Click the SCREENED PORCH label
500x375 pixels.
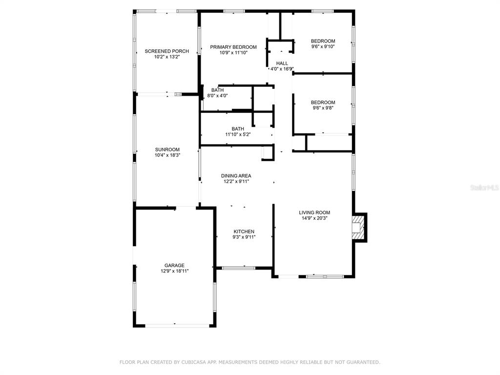coord(167,51)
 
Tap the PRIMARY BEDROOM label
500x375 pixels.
coord(233,47)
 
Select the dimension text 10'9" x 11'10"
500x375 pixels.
coord(233,53)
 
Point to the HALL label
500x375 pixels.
coord(282,63)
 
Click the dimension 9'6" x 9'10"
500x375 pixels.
coord(323,46)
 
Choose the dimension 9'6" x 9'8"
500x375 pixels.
coord(323,108)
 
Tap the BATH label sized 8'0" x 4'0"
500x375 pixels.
coord(217,90)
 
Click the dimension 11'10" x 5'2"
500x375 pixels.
coord(238,135)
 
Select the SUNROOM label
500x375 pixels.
coord(167,149)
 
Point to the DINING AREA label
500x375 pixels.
coord(236,176)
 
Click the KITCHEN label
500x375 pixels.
coord(244,231)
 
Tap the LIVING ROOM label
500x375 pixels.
coord(314,212)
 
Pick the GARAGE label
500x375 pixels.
coord(174,265)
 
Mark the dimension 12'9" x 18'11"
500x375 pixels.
coord(175,271)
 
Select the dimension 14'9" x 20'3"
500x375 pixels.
coord(314,218)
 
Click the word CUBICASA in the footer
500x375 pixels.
coord(192,362)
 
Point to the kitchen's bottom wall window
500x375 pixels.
coord(238,268)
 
